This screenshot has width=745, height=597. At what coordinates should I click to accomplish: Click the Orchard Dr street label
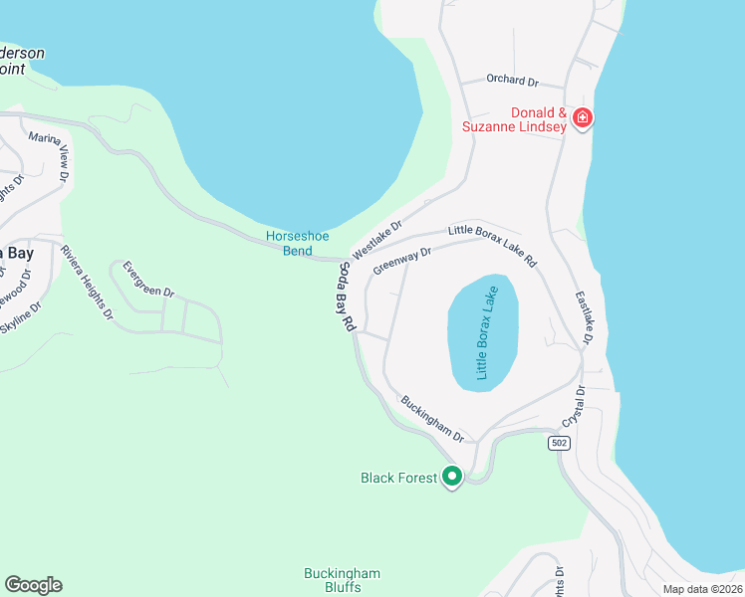point(512,80)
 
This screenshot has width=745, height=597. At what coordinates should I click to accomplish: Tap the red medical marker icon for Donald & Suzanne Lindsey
point(583,119)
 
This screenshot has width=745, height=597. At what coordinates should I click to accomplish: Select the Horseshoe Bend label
point(297,243)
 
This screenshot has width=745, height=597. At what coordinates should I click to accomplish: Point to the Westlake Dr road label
point(376,240)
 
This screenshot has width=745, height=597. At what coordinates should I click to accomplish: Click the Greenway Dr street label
point(401,261)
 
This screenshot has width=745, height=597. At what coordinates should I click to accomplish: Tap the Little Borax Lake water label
point(484,333)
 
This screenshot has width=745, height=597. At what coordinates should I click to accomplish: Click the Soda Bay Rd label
point(347,297)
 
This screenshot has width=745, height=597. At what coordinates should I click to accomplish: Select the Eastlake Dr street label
point(584,318)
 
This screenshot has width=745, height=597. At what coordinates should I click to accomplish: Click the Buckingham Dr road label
point(433,419)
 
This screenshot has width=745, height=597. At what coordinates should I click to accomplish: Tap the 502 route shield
point(559,442)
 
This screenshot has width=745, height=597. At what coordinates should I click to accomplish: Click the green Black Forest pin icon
point(452,478)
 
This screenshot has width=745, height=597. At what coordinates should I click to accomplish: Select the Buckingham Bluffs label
point(342,581)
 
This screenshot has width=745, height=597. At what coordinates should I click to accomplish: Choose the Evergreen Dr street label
point(148,280)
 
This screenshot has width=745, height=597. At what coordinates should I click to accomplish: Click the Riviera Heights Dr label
point(88,283)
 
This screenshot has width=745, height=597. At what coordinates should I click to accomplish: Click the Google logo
point(33,585)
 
